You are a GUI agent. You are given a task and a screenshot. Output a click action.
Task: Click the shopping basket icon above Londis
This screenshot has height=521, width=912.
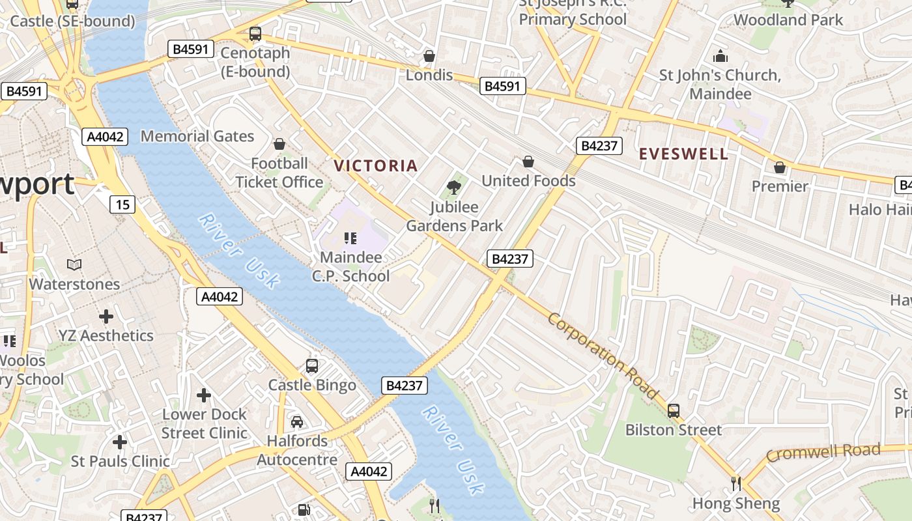429,56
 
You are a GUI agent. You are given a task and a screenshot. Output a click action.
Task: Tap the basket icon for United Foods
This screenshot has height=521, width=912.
528,161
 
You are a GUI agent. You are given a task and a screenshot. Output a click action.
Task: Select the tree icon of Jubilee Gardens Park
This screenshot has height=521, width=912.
454,188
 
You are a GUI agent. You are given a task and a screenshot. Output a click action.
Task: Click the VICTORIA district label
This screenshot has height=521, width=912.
375,165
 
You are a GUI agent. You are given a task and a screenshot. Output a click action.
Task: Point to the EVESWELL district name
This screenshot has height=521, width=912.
683,154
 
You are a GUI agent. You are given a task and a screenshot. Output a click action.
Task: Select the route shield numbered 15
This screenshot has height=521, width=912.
122,204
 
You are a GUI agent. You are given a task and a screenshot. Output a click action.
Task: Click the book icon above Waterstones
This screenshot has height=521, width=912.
74,264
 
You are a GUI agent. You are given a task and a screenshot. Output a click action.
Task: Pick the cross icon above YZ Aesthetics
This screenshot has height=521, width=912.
106,317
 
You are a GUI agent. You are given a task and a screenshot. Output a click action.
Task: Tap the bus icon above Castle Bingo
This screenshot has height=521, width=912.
312,365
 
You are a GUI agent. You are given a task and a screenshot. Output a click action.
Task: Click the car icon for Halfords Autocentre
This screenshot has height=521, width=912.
297,421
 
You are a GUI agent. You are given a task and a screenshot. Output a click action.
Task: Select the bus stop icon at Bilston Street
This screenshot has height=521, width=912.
673,411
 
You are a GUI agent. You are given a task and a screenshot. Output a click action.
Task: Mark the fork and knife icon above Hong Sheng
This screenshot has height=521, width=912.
735,483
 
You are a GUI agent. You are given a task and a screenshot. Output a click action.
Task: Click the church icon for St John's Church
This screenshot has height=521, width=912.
720,56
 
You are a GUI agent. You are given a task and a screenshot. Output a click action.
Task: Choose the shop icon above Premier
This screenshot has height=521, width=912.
779,167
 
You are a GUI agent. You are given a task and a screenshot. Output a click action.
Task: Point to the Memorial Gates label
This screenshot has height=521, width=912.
197,136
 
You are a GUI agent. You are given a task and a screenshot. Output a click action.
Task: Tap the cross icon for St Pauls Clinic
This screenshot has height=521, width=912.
119,442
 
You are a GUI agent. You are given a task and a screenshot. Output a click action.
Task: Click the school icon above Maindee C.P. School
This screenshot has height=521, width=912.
350,238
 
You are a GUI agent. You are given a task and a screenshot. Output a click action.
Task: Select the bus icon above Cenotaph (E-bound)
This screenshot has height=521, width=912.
255,33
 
